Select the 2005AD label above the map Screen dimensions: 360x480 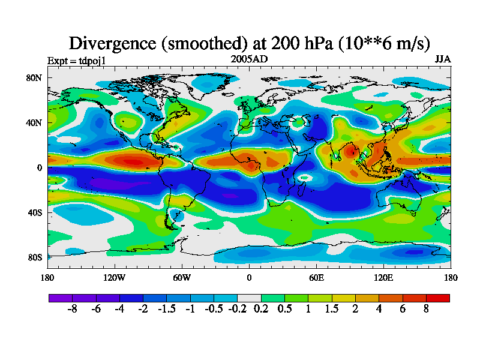[249, 59]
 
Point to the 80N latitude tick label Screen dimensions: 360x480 [34, 78]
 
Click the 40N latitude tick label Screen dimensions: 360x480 [34, 123]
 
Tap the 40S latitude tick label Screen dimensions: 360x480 [34, 213]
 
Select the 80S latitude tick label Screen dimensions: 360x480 [34, 258]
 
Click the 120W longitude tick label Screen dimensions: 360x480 [115, 278]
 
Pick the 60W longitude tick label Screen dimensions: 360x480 [182, 278]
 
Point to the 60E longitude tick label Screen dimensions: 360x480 [316, 278]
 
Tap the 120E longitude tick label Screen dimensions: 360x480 [383, 278]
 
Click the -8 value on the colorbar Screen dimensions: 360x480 [72, 309]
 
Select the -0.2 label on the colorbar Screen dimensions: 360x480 [237, 309]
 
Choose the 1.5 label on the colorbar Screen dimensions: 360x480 [332, 309]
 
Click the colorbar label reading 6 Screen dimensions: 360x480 [403, 309]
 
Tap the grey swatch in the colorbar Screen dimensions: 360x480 [249, 298]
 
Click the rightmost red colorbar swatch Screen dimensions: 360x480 [438, 298]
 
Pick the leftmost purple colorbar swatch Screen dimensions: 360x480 [60, 298]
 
